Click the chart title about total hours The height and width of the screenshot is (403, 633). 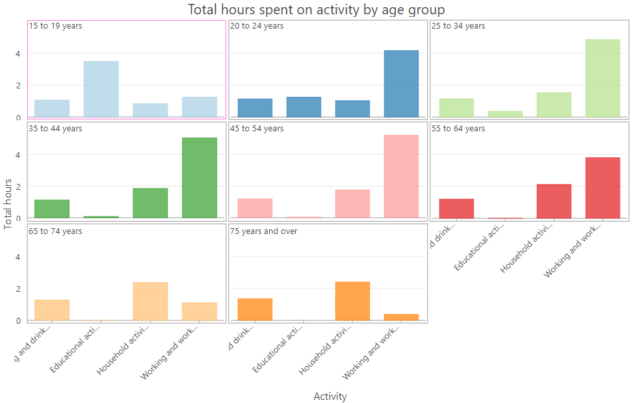316,10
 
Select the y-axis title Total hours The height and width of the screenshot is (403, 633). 8,203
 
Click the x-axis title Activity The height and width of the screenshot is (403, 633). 330,396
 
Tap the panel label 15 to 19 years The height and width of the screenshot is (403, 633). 55,26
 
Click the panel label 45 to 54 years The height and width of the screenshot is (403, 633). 257,129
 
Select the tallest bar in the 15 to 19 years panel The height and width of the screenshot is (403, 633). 101,89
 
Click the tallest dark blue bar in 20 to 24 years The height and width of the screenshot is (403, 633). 401,84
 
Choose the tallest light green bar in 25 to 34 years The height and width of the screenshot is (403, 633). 602,78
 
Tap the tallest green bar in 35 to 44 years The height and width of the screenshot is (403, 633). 200,177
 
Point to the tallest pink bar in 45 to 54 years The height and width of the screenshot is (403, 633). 401,176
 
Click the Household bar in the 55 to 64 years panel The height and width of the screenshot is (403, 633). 554,201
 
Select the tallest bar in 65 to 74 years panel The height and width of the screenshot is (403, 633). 150,301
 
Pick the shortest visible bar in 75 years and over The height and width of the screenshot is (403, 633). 401,317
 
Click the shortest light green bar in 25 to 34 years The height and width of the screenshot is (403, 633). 505,114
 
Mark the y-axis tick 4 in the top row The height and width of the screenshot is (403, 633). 18,53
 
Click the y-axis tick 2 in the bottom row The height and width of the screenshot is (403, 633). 18,289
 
